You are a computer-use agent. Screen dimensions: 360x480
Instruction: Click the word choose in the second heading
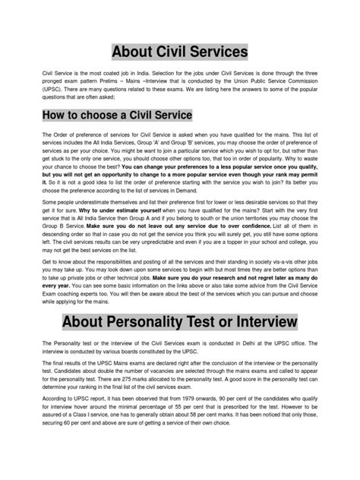pos(106,115)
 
